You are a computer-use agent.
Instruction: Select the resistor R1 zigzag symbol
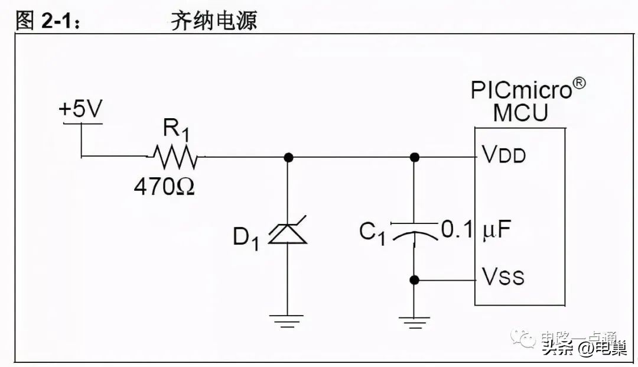click(175, 157)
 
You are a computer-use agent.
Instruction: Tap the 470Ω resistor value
click(164, 187)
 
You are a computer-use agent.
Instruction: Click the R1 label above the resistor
click(176, 129)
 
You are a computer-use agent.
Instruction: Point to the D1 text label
click(246, 238)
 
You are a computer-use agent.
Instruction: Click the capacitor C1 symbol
click(414, 233)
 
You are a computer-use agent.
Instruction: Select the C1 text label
click(372, 233)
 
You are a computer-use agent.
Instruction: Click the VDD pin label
click(504, 155)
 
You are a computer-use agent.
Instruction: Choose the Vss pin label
click(503, 276)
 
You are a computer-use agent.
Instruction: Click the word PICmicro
click(522, 90)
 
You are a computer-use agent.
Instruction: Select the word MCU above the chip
click(520, 113)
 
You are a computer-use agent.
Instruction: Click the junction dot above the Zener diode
click(288, 157)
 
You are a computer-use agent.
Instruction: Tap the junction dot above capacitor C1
click(415, 157)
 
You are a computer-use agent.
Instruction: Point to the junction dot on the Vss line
click(415, 280)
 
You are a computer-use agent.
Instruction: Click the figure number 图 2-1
click(47, 21)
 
